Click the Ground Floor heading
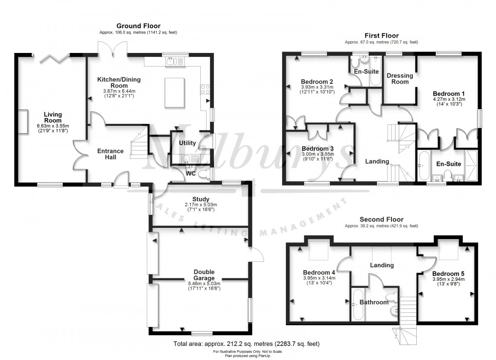tap(138, 26)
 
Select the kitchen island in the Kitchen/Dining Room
tap(175, 92)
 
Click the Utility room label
tap(187, 143)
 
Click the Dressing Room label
tap(400, 79)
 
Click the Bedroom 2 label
tap(317, 81)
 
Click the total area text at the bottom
tap(247, 344)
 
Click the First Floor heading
tap(381, 35)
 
